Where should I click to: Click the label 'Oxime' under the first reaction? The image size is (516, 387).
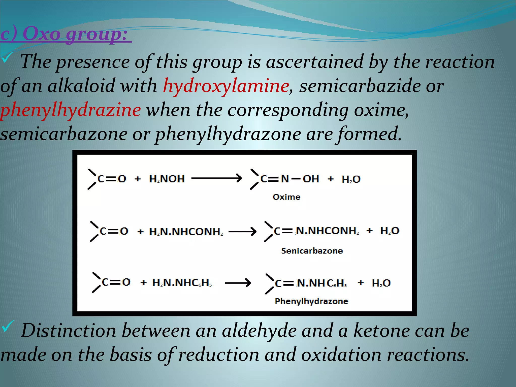tap(286, 197)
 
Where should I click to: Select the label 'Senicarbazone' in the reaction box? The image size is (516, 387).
tap(312, 251)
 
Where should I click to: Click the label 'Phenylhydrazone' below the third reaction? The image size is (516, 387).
tap(311, 301)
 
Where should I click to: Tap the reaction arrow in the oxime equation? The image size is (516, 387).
tap(216, 178)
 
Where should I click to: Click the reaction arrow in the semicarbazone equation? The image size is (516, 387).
tap(242, 231)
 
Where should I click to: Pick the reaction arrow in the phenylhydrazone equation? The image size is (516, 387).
tap(238, 283)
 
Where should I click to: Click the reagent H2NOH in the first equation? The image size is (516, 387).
tap(167, 179)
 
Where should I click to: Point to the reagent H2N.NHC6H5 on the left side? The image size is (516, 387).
tap(182, 283)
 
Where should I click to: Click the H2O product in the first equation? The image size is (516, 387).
tap(351, 179)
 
